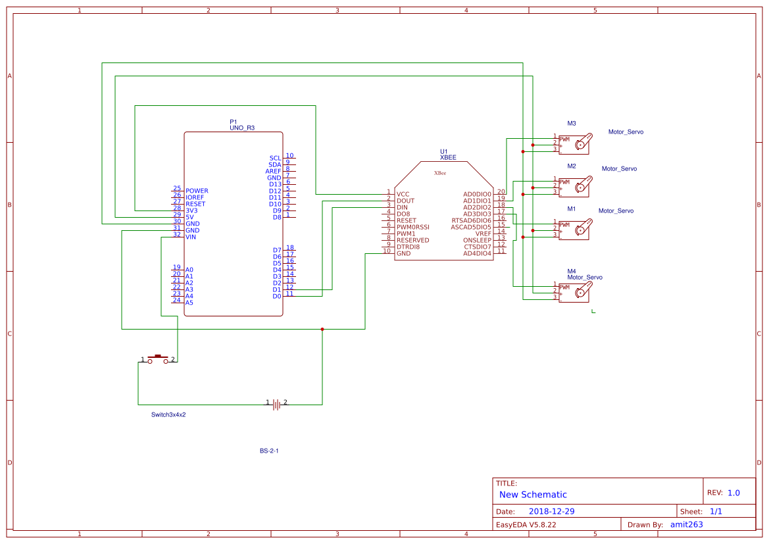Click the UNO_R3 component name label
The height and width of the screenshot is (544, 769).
241,128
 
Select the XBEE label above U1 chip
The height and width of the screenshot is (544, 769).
448,158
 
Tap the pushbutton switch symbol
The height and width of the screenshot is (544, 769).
157,359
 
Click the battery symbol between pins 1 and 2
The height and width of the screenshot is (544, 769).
276,404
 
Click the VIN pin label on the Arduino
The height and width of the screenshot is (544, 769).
191,237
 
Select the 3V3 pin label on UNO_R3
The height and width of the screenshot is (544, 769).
191,210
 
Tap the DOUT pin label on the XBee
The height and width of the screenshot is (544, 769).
405,201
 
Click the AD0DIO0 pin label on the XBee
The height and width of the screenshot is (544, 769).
477,194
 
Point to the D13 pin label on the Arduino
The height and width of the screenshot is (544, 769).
275,184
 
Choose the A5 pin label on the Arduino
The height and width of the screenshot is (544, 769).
189,303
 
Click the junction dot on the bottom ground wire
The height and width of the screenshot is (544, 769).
322,329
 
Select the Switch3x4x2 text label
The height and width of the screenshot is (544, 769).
168,415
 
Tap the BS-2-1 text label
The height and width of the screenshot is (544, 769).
269,451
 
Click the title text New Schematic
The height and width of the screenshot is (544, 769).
533,495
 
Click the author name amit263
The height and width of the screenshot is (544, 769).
686,524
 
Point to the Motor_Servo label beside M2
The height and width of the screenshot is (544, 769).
619,169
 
